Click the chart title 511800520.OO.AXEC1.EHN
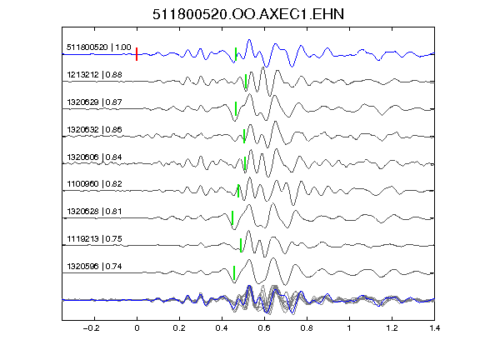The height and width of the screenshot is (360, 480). tap(248, 14)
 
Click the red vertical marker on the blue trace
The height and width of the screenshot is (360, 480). tap(137, 54)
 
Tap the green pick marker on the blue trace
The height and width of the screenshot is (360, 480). tap(236, 54)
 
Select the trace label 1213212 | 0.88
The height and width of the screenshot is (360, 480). tap(94, 75)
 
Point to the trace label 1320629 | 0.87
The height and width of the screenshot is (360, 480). tap(94, 102)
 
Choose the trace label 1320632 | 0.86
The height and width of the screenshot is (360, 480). tap(94, 129)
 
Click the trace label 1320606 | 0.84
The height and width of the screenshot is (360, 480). tap(94, 157)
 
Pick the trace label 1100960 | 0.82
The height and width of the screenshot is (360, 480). tap(94, 183)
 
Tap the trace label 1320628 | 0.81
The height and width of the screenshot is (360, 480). tap(94, 211)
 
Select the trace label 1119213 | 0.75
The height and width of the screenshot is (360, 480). tap(94, 239)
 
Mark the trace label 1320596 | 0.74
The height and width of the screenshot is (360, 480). tap(94, 267)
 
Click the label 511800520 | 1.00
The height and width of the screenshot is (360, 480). tap(98, 47)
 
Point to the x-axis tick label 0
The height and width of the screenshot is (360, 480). tap(137, 328)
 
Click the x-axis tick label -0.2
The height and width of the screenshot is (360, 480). tap(91, 328)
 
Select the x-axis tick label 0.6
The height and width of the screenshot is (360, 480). tap(264, 328)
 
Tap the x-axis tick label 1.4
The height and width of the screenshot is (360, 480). tap(434, 328)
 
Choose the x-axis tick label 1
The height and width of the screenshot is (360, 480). tap(349, 328)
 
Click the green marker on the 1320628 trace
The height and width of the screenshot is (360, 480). tap(232, 217)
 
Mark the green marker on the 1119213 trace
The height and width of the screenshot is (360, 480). tap(241, 245)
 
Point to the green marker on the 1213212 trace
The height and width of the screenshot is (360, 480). tap(246, 81)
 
